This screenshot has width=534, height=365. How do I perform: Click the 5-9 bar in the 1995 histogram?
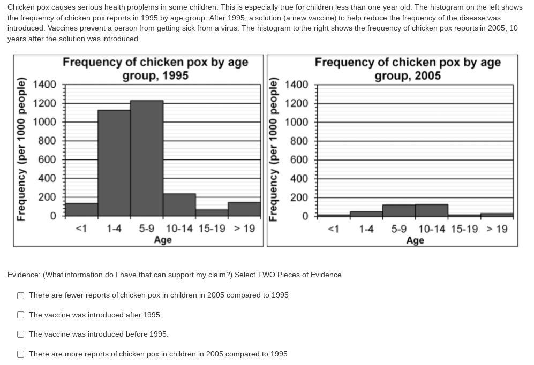(x=147, y=158)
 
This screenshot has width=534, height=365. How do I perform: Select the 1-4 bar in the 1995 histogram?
(x=114, y=163)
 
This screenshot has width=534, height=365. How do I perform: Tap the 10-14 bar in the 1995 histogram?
(x=179, y=205)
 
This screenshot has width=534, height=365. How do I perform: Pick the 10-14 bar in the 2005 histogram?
(x=432, y=210)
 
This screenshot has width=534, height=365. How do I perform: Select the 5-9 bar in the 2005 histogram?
(x=399, y=210)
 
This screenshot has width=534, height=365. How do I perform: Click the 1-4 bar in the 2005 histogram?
(x=366, y=214)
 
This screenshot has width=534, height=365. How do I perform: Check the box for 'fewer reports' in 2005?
(x=20, y=295)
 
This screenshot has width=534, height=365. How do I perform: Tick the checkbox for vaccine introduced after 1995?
(x=20, y=315)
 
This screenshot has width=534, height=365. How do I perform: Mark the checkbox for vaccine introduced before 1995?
(x=20, y=334)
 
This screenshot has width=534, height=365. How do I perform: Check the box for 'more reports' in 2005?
(x=20, y=354)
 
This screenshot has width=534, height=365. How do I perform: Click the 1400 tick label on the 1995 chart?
(x=44, y=85)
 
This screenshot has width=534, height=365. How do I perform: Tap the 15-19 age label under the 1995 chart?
(x=212, y=229)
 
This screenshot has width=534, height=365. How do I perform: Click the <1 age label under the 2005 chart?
(x=333, y=229)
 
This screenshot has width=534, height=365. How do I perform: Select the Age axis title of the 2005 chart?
(x=415, y=240)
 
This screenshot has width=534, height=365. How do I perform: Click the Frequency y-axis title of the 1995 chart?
(x=21, y=149)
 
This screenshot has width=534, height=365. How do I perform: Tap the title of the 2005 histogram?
(x=408, y=69)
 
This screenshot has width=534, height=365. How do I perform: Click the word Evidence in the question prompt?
(x=23, y=275)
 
